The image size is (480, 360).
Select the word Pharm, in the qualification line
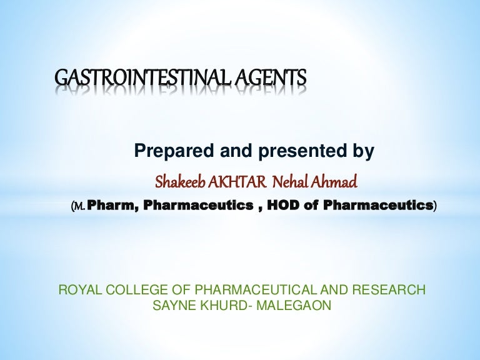[113, 205]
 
